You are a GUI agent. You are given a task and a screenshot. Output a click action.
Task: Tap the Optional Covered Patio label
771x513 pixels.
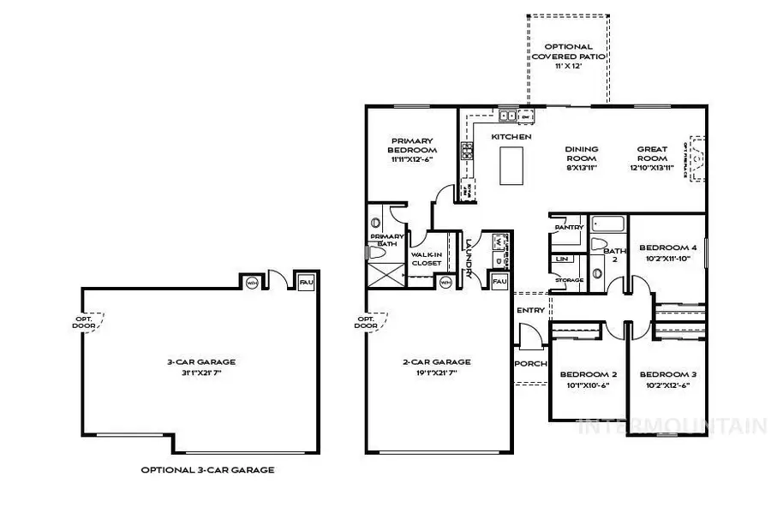point(568,56)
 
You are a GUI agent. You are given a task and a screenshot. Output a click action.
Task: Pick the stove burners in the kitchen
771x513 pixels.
point(469,152)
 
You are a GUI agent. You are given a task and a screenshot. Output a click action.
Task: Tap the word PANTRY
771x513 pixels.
point(569,227)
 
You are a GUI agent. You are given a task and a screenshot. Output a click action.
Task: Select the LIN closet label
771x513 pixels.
point(562,258)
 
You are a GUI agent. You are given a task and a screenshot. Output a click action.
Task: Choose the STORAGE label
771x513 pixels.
point(569,279)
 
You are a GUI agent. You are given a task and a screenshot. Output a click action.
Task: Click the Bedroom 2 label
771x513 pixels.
point(589,374)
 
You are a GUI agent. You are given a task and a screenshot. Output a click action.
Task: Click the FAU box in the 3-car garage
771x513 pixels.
point(305,281)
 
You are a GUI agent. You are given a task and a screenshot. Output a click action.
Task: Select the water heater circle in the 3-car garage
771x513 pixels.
point(252,282)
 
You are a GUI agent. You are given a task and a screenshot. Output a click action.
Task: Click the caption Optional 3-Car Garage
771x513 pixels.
point(208,470)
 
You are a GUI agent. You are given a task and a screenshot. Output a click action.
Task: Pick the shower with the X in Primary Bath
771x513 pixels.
point(387,273)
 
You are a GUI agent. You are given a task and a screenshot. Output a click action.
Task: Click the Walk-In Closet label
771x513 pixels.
point(427,259)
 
